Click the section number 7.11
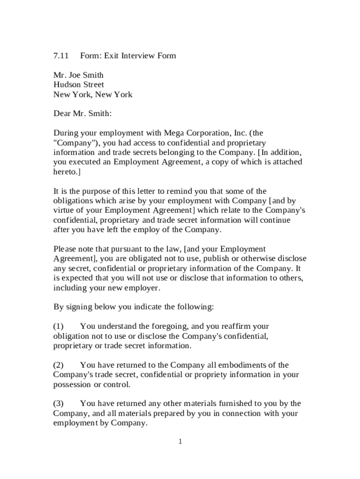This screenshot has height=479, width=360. (61, 56)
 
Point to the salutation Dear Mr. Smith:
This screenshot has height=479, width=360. (82, 114)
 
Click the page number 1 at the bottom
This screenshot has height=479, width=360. (180, 442)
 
